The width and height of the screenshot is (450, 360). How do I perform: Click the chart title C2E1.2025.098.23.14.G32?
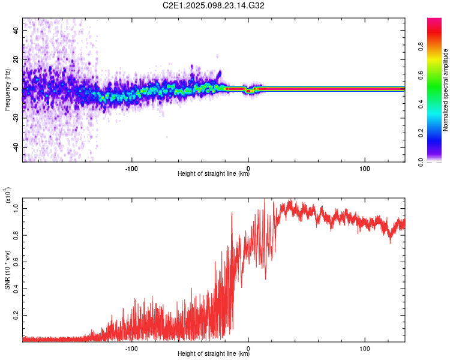point(214,5)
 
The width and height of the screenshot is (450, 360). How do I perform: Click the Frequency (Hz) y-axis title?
point(7,90)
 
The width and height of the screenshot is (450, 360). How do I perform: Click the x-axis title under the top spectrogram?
point(214,175)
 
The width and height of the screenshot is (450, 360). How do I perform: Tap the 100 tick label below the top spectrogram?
point(364,167)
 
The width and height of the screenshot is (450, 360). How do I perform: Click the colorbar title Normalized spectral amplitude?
point(445,90)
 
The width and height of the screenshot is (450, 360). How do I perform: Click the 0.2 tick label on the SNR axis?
point(15,314)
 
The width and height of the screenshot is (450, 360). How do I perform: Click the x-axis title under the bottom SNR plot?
point(214,355)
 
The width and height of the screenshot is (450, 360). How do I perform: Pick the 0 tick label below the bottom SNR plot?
point(248,347)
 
